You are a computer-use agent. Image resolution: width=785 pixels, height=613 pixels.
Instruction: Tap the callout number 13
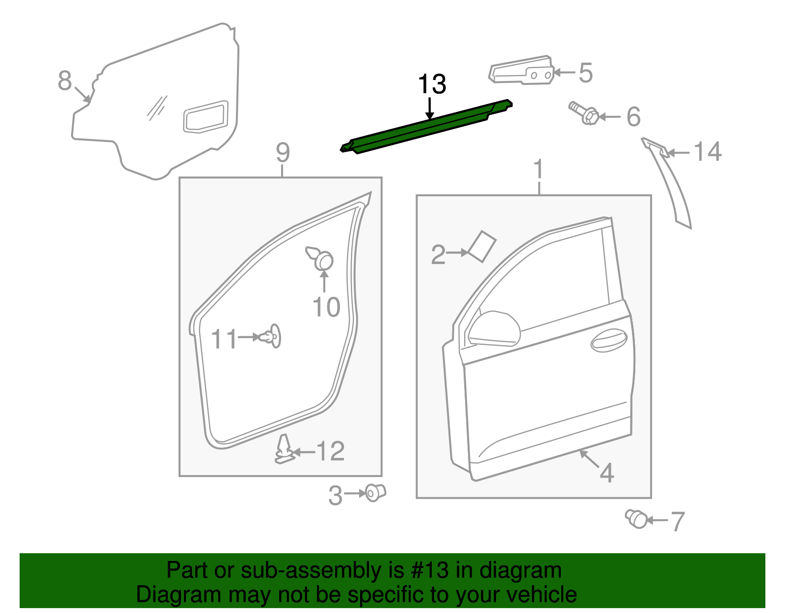(431, 84)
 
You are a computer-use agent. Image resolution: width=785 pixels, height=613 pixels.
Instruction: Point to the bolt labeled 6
(583, 113)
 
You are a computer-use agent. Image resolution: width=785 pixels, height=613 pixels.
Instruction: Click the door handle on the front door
(609, 340)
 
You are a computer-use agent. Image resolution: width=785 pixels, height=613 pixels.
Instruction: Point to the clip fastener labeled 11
(271, 337)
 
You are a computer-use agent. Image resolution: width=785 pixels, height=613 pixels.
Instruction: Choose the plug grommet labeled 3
(375, 492)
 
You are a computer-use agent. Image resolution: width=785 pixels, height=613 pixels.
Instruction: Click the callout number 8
(64, 81)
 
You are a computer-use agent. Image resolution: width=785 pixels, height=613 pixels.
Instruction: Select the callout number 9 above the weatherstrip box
(283, 153)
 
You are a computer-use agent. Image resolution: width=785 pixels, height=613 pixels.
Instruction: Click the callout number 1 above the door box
(538, 169)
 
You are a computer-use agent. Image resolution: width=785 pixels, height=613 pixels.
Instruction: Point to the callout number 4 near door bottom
(607, 473)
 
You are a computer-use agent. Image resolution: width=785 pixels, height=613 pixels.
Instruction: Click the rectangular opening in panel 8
(206, 116)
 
